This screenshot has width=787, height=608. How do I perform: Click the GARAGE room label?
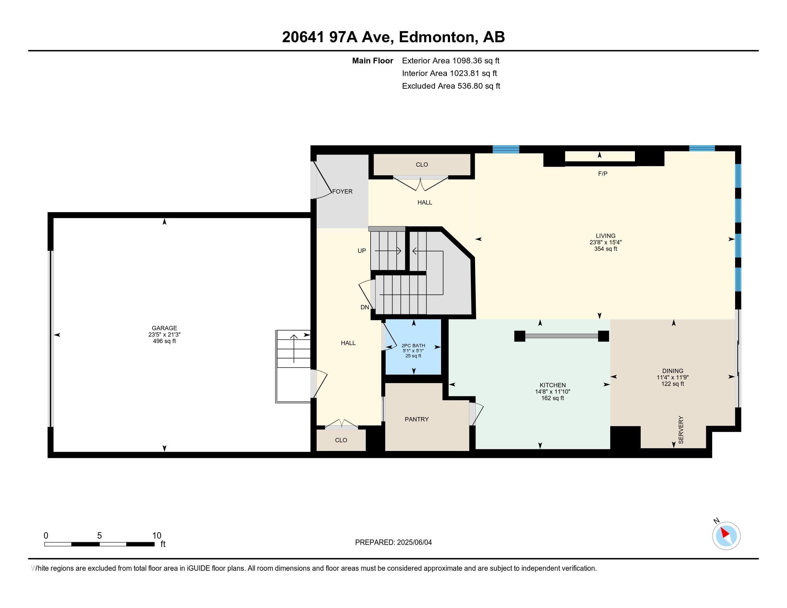coord(164,328)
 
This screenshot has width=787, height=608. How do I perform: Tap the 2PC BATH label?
coord(413,345)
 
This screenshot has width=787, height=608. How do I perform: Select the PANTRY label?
coord(416,419)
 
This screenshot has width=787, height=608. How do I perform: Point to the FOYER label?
coord(342,192)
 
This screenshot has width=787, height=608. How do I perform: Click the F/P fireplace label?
coord(602,173)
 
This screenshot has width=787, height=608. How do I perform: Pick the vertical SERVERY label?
coord(681,430)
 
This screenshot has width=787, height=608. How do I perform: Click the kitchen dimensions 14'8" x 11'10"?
coord(552,392)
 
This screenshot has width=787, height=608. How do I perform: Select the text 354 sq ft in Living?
coord(605,249)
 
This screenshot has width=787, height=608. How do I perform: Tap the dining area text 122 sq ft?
coord(673,384)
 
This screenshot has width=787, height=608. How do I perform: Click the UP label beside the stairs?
coord(361,251)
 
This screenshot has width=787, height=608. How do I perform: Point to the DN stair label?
coord(365,307)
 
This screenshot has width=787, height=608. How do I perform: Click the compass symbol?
coord(726,536)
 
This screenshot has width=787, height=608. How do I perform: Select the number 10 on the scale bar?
coord(157,536)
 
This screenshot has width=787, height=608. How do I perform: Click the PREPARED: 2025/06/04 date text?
coord(393,543)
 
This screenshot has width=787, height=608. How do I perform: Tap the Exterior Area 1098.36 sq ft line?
coord(450,61)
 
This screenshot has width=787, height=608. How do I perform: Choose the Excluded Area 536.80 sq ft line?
coord(451,86)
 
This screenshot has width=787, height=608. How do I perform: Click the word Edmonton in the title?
coord(436,37)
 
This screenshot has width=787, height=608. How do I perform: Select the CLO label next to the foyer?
coord(422,165)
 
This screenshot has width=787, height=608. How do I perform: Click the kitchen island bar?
coord(561,336)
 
